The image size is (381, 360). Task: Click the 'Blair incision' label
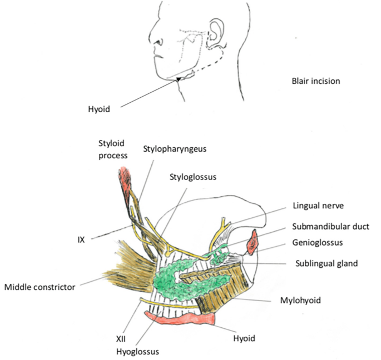315,81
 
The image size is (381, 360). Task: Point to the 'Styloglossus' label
192,176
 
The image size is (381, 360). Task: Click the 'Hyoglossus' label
137,351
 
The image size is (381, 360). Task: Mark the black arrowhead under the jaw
179,79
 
